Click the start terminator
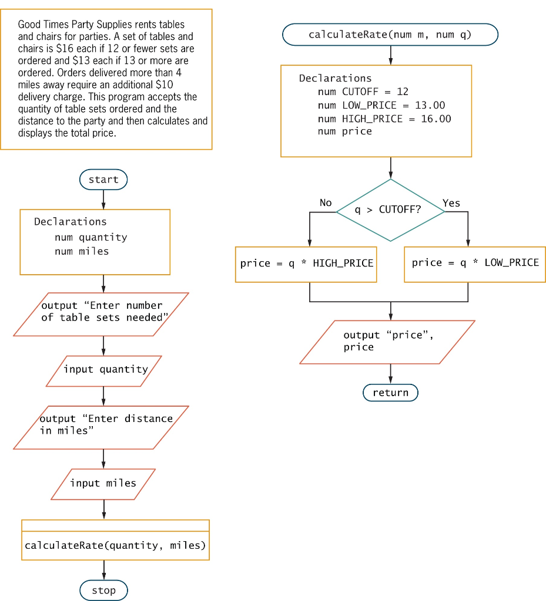tap(103, 180)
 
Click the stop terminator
tap(103, 590)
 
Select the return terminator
tap(390, 393)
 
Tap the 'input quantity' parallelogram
tap(104, 370)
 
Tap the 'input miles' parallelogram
tap(103, 484)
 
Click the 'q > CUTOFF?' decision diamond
tap(390, 210)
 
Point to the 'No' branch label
tap(326, 202)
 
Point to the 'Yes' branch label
tap(451, 203)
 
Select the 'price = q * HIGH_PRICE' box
tap(307, 264)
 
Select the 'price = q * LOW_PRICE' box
tap(475, 263)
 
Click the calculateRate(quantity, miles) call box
tap(115, 545)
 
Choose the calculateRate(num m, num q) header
tap(390, 35)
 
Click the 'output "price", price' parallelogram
tap(388, 342)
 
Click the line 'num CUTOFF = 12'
tap(363, 92)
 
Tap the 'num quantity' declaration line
tap(91, 237)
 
